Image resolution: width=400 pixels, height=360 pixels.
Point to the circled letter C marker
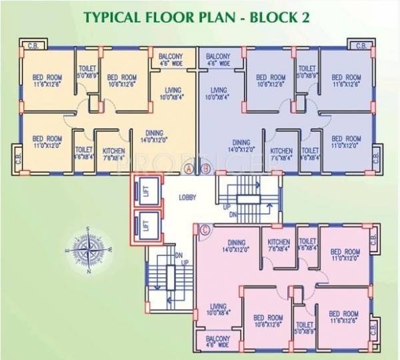click(205, 231)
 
